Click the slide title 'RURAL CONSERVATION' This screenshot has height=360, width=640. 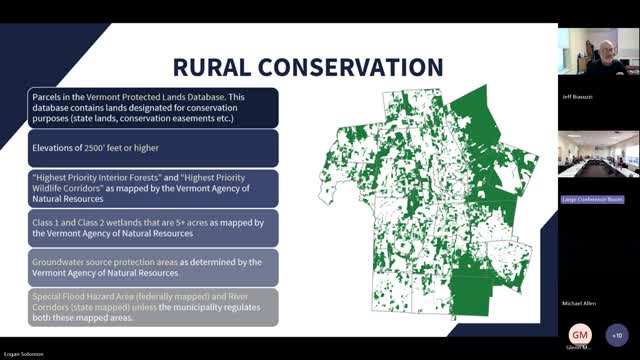click(x=307, y=67)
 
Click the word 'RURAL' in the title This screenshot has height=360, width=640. click(x=211, y=67)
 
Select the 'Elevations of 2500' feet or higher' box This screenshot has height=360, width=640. click(x=152, y=148)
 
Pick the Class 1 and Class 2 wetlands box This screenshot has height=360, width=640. click(x=152, y=226)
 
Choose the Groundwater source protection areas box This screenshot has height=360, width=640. click(x=152, y=267)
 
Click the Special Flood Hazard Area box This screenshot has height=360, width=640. click(x=152, y=306)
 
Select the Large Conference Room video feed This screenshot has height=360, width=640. click(x=598, y=155)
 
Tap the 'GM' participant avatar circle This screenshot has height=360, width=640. click(x=580, y=334)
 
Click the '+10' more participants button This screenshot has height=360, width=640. click(x=616, y=334)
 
